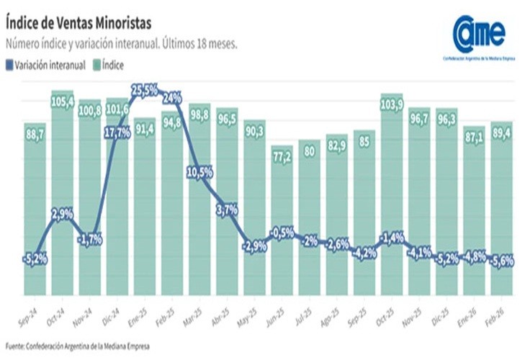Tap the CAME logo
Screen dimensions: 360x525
[x=479, y=32]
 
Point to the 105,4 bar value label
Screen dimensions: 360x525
[x=63, y=102]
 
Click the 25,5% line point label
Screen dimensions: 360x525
[x=145, y=90]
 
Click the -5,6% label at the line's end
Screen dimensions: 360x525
[x=501, y=262]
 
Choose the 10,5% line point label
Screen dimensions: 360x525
[x=199, y=171]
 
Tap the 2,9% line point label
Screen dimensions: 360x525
[x=63, y=215]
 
